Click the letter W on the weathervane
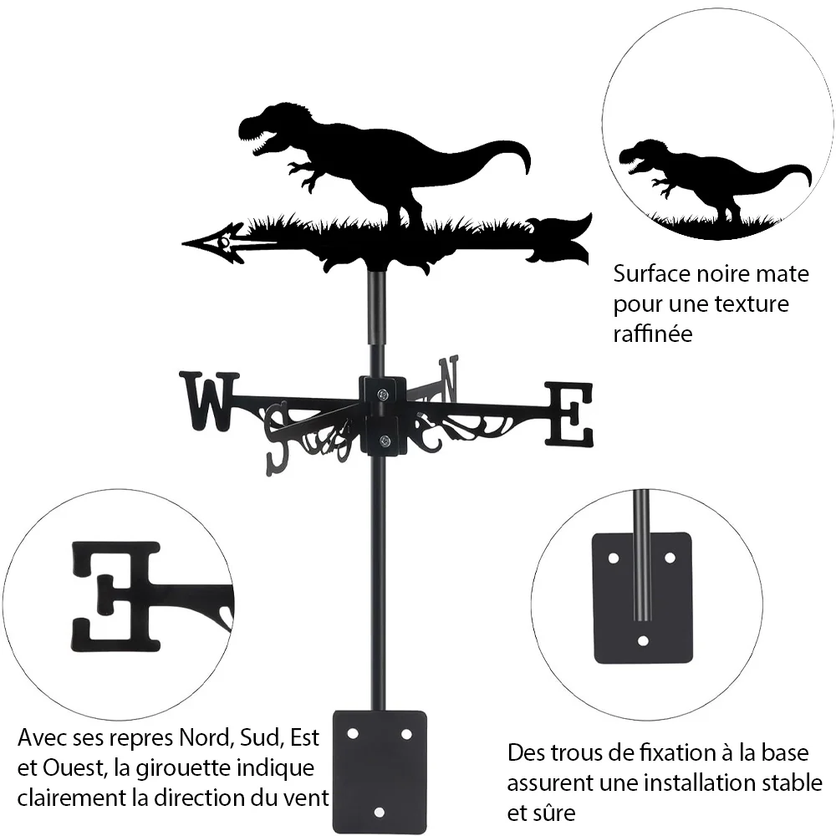click(210, 401)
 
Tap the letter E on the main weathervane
click(568, 414)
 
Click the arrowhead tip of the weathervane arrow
click(183, 243)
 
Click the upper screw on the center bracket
click(382, 395)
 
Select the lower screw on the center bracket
click(384, 441)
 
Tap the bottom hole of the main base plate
click(379, 813)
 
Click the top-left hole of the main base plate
click(352, 734)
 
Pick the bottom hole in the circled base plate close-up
click(643, 640)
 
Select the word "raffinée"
click(653, 334)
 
